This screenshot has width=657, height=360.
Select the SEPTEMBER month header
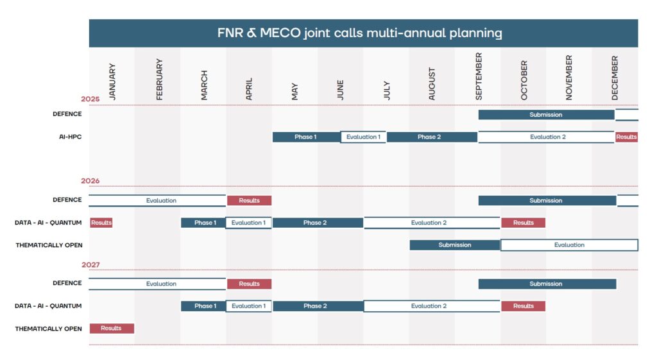pyautogui.click(x=479, y=76)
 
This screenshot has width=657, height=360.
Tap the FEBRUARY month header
pyautogui.click(x=159, y=79)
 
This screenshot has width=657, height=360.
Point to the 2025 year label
pyautogui.click(x=90, y=99)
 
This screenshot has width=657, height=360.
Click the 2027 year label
pyautogui.click(x=90, y=265)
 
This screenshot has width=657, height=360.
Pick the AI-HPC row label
pyautogui.click(x=71, y=137)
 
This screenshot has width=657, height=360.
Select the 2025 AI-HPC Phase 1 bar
pyautogui.click(x=306, y=137)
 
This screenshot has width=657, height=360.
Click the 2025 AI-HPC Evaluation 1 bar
pyautogui.click(x=363, y=137)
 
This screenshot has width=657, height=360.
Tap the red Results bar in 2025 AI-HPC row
pyautogui.click(x=626, y=137)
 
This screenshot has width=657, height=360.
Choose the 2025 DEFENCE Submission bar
pyautogui.click(x=547, y=115)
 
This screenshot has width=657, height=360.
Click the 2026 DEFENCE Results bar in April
pyautogui.click(x=250, y=200)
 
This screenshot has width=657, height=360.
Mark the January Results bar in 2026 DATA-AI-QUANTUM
pyautogui.click(x=101, y=223)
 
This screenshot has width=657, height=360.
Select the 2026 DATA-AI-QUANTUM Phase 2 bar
pyautogui.click(x=318, y=223)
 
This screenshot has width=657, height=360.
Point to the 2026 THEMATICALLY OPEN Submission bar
pyautogui.click(x=455, y=244)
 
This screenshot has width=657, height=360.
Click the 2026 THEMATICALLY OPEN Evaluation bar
pyautogui.click(x=569, y=244)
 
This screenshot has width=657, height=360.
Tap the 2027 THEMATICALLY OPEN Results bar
pyautogui.click(x=112, y=328)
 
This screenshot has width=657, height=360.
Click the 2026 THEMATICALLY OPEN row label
pyautogui.click(x=49, y=245)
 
